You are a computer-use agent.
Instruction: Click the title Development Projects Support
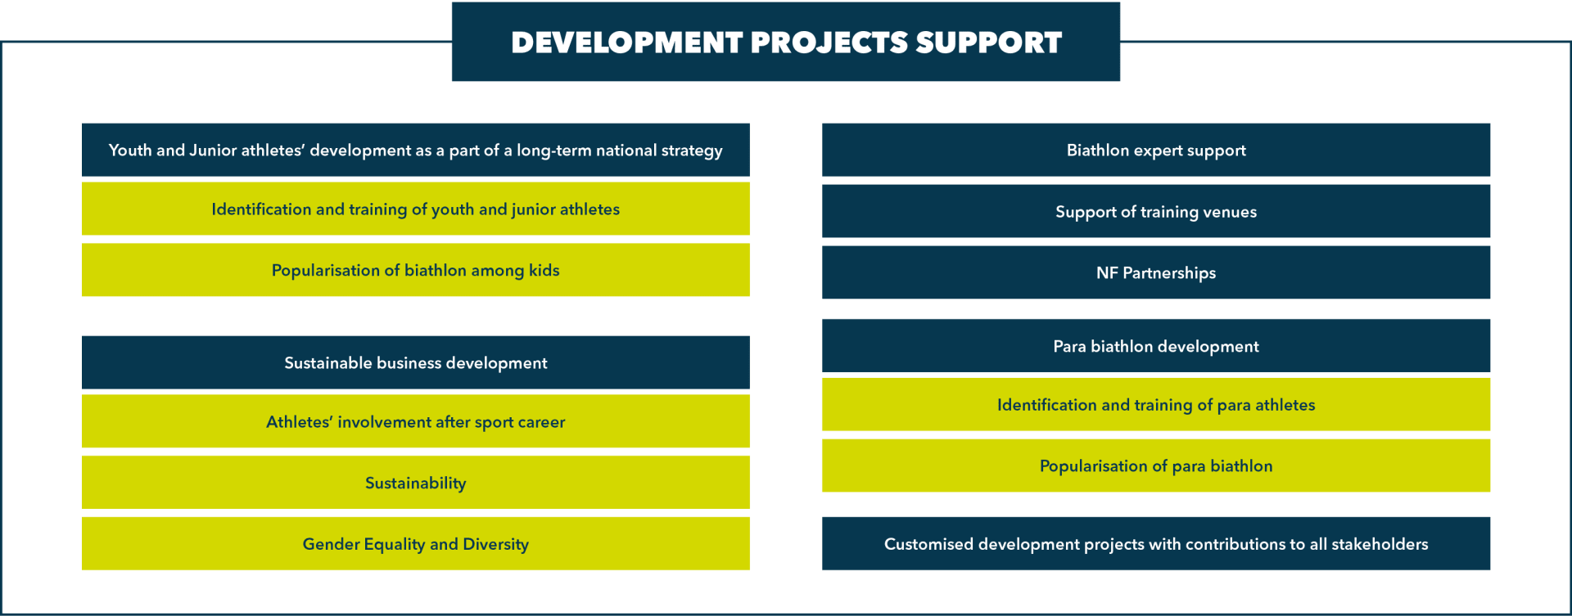[786, 42]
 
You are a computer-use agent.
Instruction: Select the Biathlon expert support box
[1156, 150]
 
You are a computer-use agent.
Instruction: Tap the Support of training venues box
[1156, 211]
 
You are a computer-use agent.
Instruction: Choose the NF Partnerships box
[1156, 272]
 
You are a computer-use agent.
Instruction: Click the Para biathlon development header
[1156, 346]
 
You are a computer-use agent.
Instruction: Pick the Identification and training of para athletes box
[1156, 404]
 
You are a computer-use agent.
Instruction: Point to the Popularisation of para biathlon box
[1156, 465]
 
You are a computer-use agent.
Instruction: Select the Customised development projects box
[1156, 543]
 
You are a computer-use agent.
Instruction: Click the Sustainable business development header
[416, 362]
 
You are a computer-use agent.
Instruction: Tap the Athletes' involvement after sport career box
[416, 421]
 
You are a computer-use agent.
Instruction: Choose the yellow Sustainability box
[416, 483]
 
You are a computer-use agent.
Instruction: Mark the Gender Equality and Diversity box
[416, 543]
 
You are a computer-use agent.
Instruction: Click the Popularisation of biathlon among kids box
[416, 270]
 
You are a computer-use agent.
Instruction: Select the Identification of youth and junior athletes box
[416, 209]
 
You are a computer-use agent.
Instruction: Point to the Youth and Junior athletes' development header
[416, 150]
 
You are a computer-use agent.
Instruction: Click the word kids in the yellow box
[544, 270]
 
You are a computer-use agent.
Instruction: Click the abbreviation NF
[1107, 273]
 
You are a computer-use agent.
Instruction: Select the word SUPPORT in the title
[988, 43]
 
